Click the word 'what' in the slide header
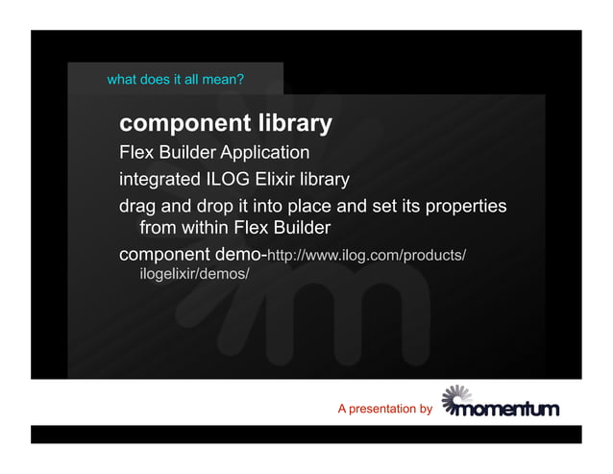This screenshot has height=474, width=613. point(121,79)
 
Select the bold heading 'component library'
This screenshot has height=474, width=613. point(226,124)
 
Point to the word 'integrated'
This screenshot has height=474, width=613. point(159,180)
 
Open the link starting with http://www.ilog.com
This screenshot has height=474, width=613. point(366,256)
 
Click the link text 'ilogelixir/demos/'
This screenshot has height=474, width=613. point(194,275)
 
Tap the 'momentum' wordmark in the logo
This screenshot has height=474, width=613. point(509,410)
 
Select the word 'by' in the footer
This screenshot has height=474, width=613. point(427,410)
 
